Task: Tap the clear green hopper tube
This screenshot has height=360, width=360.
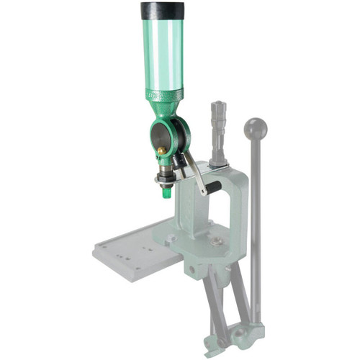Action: pyautogui.click(x=162, y=54)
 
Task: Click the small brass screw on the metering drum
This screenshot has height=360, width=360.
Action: pyautogui.click(x=161, y=150)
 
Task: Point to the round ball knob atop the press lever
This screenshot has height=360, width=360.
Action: pyautogui.click(x=256, y=129)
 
